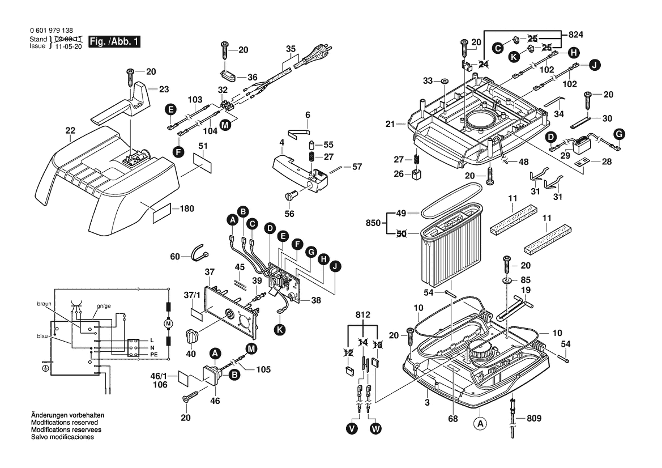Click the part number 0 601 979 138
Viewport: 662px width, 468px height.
(50, 31)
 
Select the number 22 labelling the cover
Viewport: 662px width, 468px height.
(70, 130)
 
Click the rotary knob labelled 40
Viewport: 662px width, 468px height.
(193, 335)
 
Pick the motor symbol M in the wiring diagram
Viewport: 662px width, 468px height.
(167, 322)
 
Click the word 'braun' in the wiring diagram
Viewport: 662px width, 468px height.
(45, 304)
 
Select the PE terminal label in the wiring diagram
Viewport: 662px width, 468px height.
(153, 354)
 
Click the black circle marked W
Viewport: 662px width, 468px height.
(375, 429)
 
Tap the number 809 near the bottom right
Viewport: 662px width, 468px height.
(533, 419)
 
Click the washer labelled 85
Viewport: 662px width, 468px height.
(506, 280)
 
